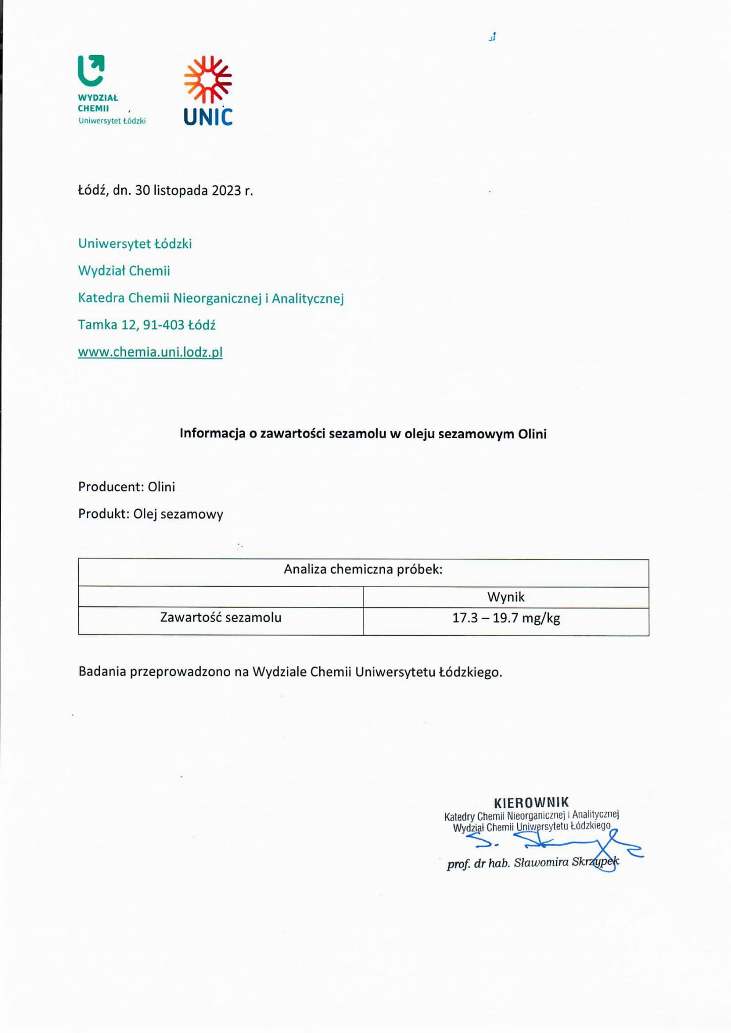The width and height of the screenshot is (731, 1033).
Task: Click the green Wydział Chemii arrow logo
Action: point(91,70)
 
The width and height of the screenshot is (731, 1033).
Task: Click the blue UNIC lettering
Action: point(208,117)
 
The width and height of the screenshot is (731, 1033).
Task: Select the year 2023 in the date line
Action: point(226,191)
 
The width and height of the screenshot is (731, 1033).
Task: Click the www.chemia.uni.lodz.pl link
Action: point(150,352)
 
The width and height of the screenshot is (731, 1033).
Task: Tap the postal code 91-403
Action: point(164,325)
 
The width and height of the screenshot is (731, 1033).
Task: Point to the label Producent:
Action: point(111,487)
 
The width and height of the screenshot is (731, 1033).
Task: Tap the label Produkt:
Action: point(103,514)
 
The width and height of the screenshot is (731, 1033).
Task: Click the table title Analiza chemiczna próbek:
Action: point(363,570)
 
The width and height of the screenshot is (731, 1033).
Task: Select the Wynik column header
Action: point(506,597)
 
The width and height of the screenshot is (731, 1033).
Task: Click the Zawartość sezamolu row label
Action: point(221,617)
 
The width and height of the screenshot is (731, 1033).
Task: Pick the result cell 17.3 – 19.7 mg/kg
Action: point(506,618)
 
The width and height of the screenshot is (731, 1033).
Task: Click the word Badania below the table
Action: point(102,672)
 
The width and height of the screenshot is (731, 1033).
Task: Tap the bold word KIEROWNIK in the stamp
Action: point(531,803)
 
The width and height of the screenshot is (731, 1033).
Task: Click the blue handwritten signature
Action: point(555,842)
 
